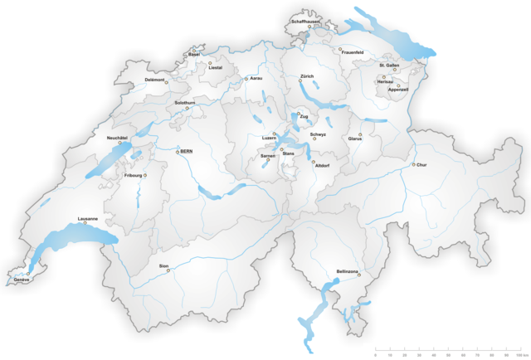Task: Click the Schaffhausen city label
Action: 305,22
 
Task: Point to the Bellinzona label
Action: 348,270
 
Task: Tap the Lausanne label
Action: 87,218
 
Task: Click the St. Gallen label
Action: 390,65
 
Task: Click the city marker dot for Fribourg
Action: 145,175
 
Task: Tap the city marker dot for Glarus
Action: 360,134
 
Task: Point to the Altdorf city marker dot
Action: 314,162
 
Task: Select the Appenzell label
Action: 398,90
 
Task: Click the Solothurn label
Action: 185,103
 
